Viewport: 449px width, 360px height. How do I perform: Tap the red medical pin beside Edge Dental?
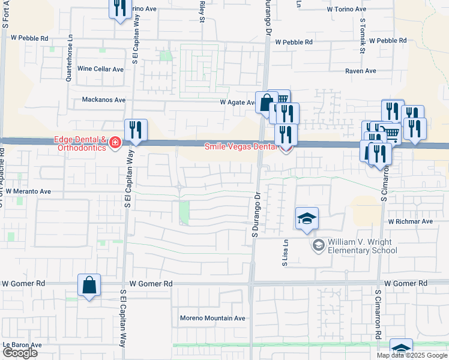114,143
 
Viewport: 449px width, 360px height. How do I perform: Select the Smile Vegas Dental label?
242,146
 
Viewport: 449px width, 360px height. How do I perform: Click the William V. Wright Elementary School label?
362,246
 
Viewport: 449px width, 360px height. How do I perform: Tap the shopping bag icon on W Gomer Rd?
89,286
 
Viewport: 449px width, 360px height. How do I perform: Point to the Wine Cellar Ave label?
100,69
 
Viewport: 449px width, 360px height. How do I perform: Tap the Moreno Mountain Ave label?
213,318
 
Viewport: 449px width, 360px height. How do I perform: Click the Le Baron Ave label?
22,345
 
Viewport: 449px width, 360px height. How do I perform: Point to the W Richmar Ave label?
410,221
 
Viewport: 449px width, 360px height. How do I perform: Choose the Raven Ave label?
360,71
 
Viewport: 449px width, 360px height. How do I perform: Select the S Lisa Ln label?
286,254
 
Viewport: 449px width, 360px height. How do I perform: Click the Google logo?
19,353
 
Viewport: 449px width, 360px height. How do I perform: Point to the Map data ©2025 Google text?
411,355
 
